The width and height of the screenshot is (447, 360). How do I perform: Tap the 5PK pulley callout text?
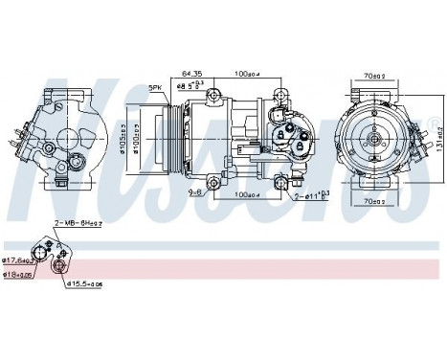tap(155, 88)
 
